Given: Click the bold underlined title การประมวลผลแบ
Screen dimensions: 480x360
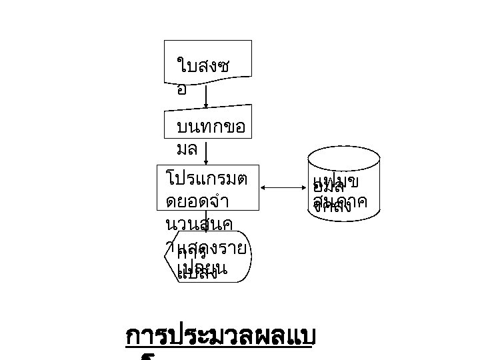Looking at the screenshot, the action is [x=218, y=338].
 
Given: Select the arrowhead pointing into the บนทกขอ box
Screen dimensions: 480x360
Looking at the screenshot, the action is [x=206, y=105].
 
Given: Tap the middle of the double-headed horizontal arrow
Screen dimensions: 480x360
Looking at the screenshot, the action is [x=285, y=189].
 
